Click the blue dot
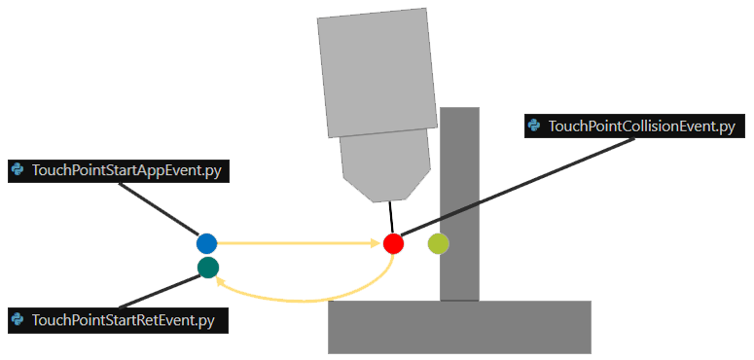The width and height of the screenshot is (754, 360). pyautogui.click(x=207, y=243)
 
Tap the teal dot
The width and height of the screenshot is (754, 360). pyautogui.click(x=208, y=268)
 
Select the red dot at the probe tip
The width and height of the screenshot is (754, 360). pyautogui.click(x=393, y=243)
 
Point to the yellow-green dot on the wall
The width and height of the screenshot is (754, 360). pyautogui.click(x=439, y=243)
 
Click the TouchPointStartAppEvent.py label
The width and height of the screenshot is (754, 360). pyautogui.click(x=119, y=171)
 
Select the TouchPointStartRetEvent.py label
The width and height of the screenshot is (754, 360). pyautogui.click(x=119, y=321)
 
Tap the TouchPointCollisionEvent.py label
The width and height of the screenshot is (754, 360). pyautogui.click(x=634, y=126)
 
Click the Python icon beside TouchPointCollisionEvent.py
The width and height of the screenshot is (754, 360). pyautogui.click(x=534, y=126)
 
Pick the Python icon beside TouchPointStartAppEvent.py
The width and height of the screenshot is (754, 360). pyautogui.click(x=18, y=170)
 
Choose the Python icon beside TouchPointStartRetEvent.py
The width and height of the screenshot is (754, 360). pyautogui.click(x=18, y=320)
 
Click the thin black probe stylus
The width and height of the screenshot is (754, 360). pyautogui.click(x=391, y=217)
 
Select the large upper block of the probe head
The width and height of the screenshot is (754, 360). pyautogui.click(x=377, y=72)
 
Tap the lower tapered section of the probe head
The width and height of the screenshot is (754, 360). pyautogui.click(x=385, y=165)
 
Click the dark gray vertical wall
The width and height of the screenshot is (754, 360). pyautogui.click(x=460, y=204)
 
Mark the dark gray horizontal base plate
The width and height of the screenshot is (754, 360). pyautogui.click(x=459, y=327)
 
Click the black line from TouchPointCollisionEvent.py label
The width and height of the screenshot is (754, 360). pyautogui.click(x=518, y=187)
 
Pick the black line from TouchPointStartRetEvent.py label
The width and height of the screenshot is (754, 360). pyautogui.click(x=161, y=291)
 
